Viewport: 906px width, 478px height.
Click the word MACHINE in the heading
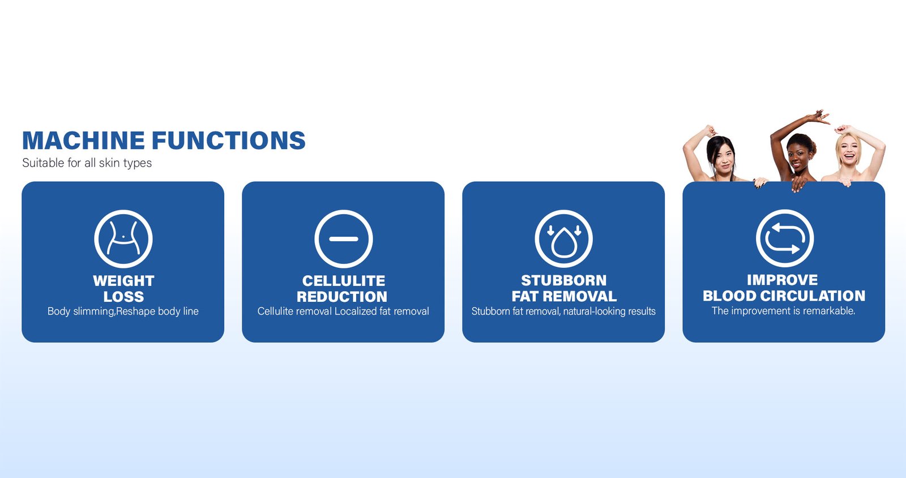tap(83, 140)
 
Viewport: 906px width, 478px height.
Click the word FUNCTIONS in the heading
tap(229, 140)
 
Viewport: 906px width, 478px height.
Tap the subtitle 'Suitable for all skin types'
tap(87, 163)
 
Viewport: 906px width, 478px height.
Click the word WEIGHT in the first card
tap(123, 281)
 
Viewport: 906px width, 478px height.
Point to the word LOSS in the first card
tap(123, 297)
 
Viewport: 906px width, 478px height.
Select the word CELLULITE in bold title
tap(343, 281)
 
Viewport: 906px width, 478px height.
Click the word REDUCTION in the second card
tap(342, 297)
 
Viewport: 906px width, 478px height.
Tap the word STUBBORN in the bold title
tap(564, 280)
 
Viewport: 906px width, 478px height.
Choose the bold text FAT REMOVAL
tap(564, 296)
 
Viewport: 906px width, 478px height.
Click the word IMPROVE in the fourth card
tap(782, 280)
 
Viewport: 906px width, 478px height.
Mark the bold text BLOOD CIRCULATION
tap(784, 296)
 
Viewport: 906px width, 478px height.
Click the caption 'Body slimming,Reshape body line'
tap(123, 311)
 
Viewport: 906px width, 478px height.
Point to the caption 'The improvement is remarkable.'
tap(784, 311)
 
